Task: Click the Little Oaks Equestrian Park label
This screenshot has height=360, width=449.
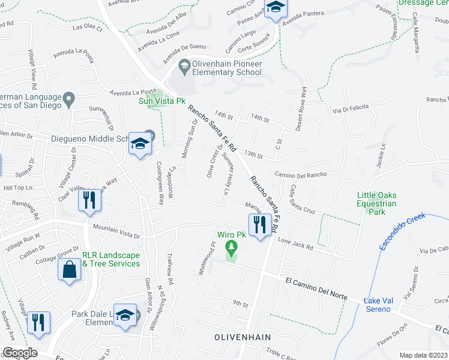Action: (x=377, y=203)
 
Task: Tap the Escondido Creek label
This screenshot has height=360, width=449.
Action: (x=402, y=232)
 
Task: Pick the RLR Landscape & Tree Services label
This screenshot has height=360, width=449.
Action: (x=111, y=259)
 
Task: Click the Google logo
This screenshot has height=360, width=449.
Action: (x=19, y=353)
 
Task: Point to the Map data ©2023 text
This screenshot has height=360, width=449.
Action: (x=423, y=355)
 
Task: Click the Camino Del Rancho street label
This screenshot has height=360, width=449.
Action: (x=300, y=174)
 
